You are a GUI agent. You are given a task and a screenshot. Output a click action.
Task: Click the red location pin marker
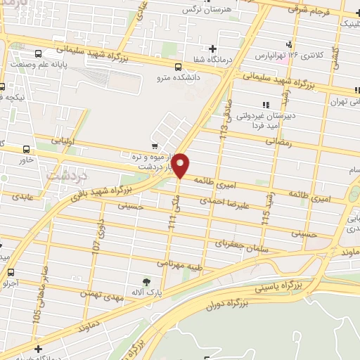click(181, 165)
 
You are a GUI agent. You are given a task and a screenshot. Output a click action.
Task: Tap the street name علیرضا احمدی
click(223, 201)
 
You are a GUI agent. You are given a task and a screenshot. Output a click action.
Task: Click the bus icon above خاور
click(27, 149)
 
